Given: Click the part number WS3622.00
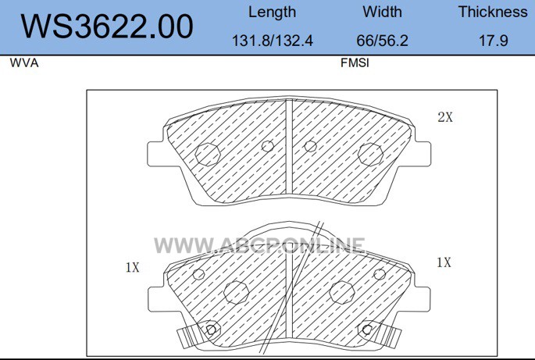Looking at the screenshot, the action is (x=107, y=27).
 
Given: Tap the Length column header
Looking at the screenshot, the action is (x=272, y=12).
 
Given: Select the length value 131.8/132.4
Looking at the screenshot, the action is (x=273, y=41).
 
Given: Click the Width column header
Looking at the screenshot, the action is (x=382, y=12).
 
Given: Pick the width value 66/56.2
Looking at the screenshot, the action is (x=382, y=41).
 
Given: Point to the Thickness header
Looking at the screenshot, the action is (x=493, y=12).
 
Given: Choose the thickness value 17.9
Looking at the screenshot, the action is (x=494, y=41).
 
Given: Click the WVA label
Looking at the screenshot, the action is (x=24, y=62).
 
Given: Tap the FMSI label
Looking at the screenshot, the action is (x=355, y=62).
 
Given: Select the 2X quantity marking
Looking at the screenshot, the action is (x=445, y=117).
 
